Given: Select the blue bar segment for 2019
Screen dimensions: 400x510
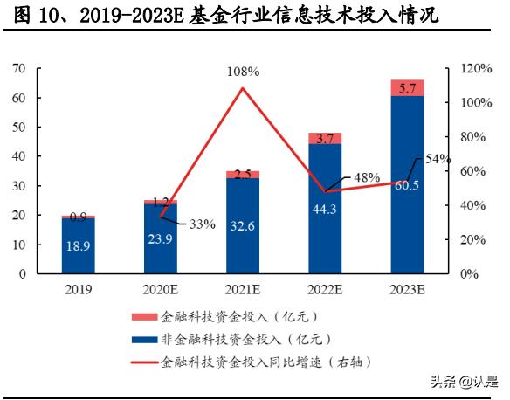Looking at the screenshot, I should point(79,245).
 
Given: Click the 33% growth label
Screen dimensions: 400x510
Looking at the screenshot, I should point(202,224).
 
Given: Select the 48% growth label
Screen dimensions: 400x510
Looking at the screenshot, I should point(367,177).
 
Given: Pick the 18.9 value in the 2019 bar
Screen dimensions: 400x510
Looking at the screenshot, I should point(79,246).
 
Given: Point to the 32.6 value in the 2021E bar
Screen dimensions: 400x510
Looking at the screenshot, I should point(243,225).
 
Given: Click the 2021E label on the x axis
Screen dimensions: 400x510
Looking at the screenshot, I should point(243,289).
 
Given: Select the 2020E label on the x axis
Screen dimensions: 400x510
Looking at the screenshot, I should point(161,289).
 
